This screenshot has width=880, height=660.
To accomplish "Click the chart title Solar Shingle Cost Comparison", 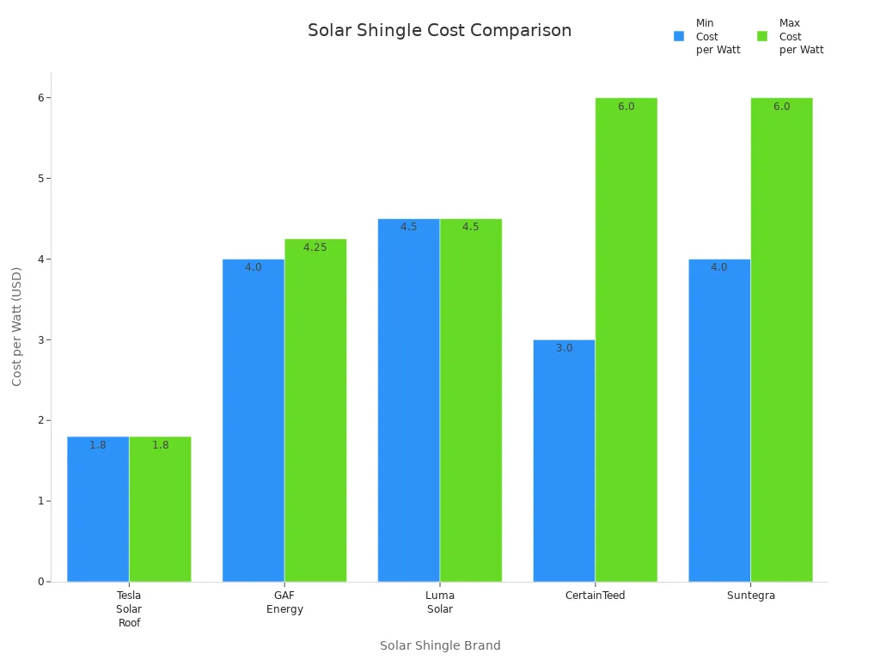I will pyautogui.click(x=439, y=31).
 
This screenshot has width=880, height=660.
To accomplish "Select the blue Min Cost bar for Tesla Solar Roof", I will pyautogui.click(x=98, y=516).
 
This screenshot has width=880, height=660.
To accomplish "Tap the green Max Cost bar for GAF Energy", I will pyautogui.click(x=315, y=412).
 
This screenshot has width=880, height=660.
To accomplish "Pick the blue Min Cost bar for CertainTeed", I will pyautogui.click(x=564, y=464).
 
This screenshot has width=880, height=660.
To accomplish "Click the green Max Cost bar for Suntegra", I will pyautogui.click(x=781, y=344).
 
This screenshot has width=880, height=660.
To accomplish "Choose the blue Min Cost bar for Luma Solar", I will pyautogui.click(x=408, y=404).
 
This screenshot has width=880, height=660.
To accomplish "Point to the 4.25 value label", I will pyautogui.click(x=315, y=247).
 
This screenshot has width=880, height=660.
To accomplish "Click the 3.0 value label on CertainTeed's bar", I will pyautogui.click(x=564, y=348).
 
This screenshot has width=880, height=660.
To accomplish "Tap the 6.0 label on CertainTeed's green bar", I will pyautogui.click(x=626, y=107).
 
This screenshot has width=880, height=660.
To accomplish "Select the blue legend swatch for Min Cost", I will pyautogui.click(x=679, y=37).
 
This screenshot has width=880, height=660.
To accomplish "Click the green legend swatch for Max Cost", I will pyautogui.click(x=762, y=37).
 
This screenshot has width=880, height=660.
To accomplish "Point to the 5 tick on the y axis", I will pyautogui.click(x=40, y=179).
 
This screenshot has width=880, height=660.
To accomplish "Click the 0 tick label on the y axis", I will pyautogui.click(x=40, y=582).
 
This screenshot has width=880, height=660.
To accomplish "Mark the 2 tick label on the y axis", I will pyautogui.click(x=40, y=420).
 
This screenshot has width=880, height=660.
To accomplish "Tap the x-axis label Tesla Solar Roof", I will pyautogui.click(x=129, y=609).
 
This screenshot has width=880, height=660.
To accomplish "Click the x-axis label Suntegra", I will pyautogui.click(x=750, y=596).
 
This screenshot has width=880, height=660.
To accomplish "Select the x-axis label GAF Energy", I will pyautogui.click(x=284, y=602).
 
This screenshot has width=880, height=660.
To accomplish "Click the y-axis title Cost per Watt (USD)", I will pyautogui.click(x=17, y=327).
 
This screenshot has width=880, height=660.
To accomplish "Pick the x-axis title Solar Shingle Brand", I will pyautogui.click(x=440, y=645).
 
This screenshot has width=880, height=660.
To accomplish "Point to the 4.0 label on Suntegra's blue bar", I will pyautogui.click(x=719, y=267).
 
